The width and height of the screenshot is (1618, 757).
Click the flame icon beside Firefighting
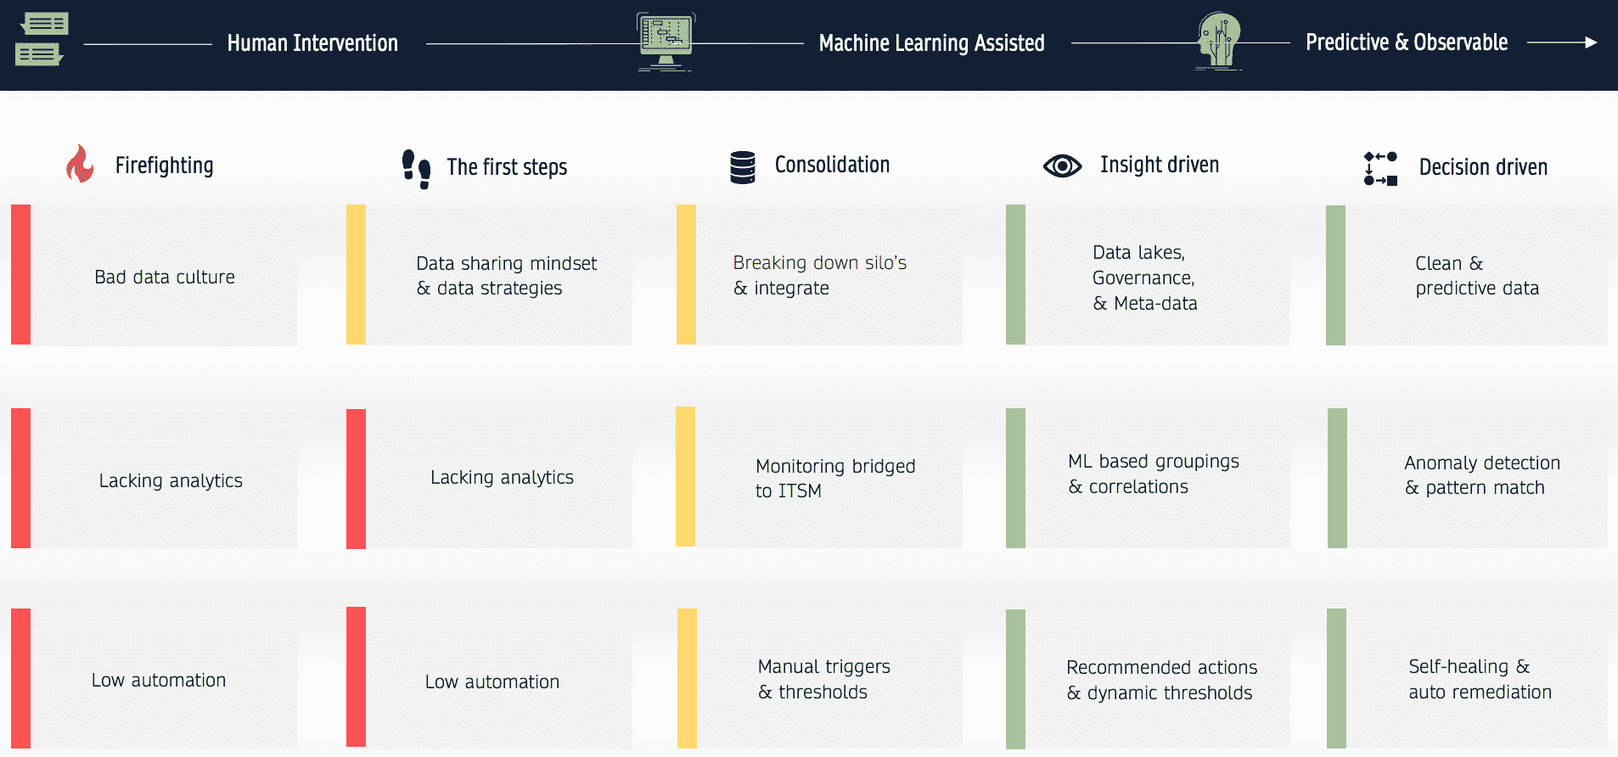(x=80, y=164)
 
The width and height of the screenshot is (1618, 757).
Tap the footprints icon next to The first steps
(x=416, y=169)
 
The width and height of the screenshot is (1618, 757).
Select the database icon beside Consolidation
(x=743, y=167)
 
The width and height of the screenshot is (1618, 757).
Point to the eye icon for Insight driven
(x=1062, y=165)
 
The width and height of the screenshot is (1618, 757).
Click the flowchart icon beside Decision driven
(x=1380, y=168)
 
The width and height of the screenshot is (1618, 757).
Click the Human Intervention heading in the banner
(x=312, y=43)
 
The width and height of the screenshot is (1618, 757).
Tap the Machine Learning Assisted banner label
(x=931, y=43)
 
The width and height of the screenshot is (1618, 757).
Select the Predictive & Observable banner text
(x=1407, y=42)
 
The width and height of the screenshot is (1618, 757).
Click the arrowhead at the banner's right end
(x=1591, y=42)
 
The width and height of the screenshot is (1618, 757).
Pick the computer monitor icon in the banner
(x=666, y=42)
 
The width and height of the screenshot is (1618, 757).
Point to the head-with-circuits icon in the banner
(x=1218, y=41)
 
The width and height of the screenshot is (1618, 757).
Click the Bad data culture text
(x=165, y=278)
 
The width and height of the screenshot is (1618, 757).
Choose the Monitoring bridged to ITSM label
(x=835, y=479)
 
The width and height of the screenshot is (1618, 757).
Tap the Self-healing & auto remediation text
(x=1480, y=680)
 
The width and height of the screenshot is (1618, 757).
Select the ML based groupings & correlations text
(x=1154, y=474)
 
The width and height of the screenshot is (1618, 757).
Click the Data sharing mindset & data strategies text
(x=506, y=276)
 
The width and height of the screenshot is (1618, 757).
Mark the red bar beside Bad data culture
(x=20, y=274)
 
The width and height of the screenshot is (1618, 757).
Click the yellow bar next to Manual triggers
(x=687, y=678)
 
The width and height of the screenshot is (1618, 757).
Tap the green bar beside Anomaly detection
(x=1337, y=478)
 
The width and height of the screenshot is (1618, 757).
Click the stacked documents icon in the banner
(x=41, y=39)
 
